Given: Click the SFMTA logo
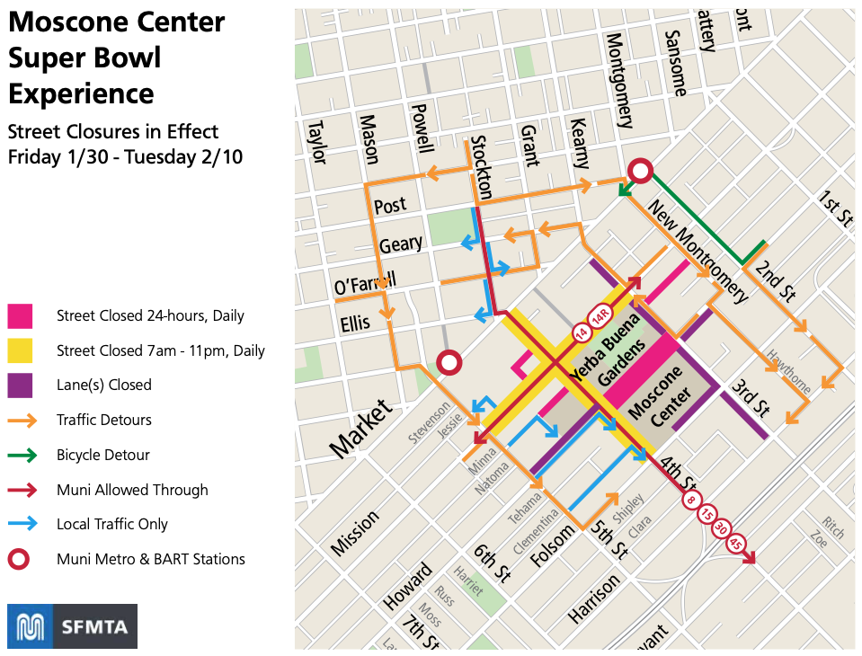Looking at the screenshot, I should (72, 626).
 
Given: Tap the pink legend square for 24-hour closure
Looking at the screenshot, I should (20, 315).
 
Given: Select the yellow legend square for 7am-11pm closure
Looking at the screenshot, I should (20, 350).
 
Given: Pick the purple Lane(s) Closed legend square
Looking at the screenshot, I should (20, 385).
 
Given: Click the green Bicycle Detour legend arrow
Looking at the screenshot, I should (22, 455).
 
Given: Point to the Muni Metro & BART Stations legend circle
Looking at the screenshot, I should (20, 559).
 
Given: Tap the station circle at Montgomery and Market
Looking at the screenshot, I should (640, 171).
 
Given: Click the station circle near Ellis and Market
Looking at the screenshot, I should (449, 362).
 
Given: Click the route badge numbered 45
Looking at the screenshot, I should (737, 545).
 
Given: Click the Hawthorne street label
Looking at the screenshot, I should (788, 372).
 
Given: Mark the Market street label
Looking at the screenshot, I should (360, 430).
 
